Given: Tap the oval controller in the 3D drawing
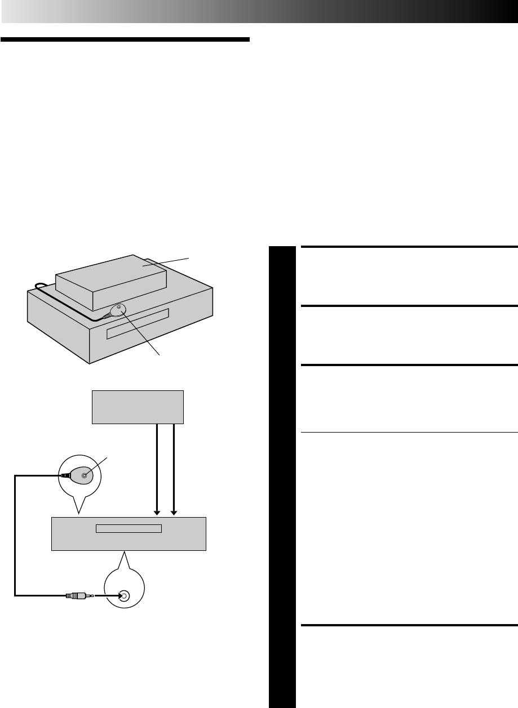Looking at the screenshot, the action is [118, 310].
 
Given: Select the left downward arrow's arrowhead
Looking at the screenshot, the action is [158, 511].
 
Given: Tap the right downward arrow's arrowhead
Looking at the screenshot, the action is [174, 511].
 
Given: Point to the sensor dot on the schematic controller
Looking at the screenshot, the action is [85, 476].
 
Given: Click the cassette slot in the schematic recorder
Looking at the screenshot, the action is [129, 528].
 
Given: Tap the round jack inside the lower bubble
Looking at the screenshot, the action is [124, 595].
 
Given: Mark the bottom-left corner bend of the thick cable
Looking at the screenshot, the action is [16, 594].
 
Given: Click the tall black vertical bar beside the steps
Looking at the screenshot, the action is [282, 476].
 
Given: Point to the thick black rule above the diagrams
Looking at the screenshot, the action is [125, 40].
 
